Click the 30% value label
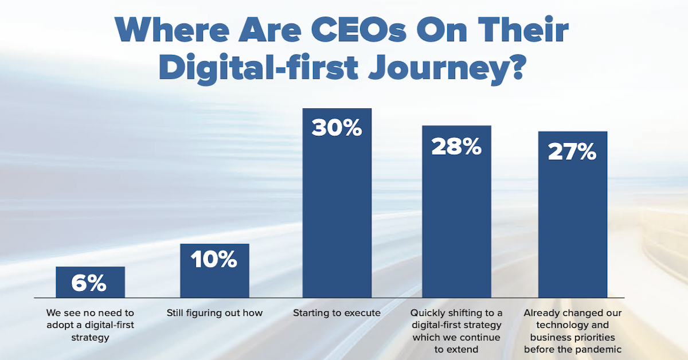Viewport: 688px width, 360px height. click(x=337, y=127)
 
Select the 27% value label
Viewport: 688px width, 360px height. click(x=572, y=152)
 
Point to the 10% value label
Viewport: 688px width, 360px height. click(x=214, y=260)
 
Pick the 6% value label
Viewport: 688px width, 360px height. click(x=90, y=283)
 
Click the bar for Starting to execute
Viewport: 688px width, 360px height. click(x=337, y=218)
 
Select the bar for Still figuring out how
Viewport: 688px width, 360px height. click(x=214, y=281)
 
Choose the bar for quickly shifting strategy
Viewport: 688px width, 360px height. click(x=456, y=229)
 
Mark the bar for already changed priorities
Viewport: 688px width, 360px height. click(x=572, y=229)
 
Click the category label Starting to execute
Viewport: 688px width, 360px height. click(x=337, y=313)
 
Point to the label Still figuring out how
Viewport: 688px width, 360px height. click(x=214, y=313)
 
